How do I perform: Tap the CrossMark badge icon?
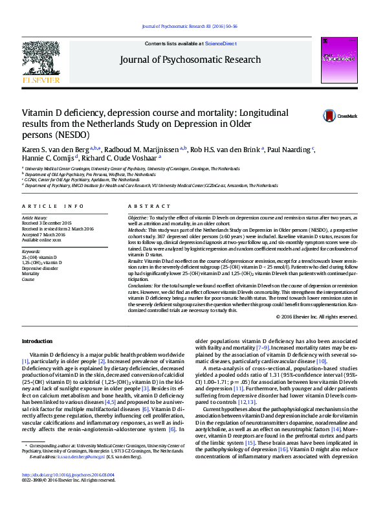[x=331, y=116]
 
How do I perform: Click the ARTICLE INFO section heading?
[x=52, y=206]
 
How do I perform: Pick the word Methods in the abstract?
[x=137, y=230]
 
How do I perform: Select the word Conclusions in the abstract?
[x=140, y=285]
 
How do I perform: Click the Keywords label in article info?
[x=31, y=251]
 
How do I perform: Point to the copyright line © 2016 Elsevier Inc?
[x=316, y=317]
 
